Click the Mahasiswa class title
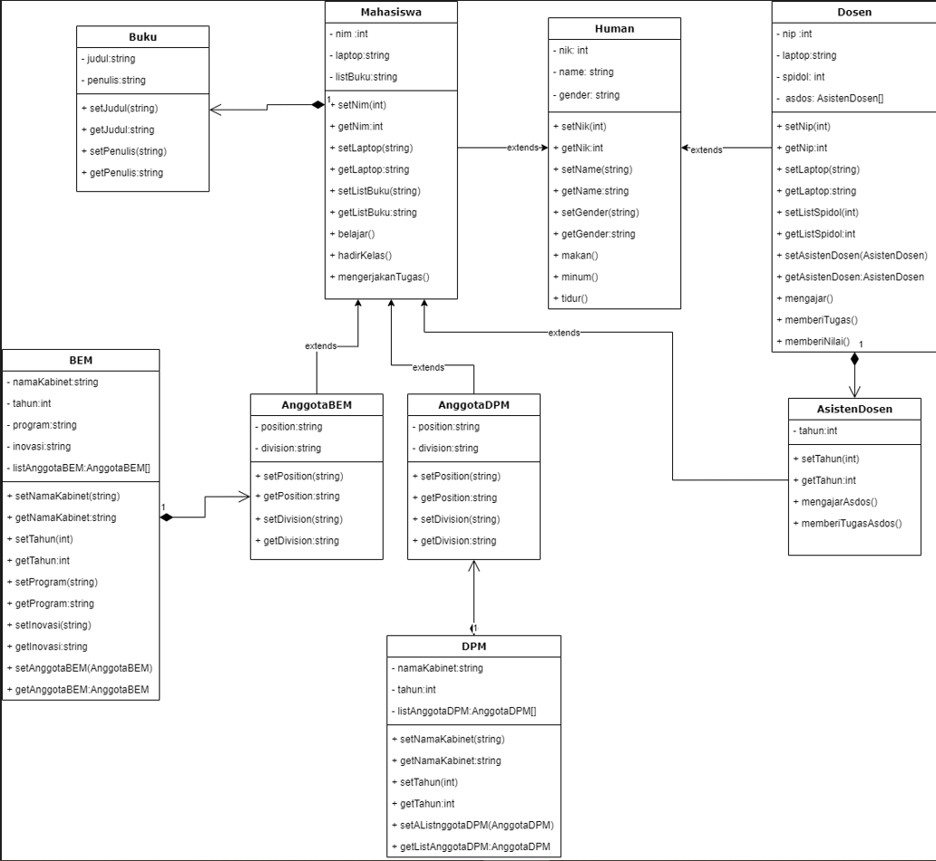pos(391,13)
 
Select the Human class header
pos(614,28)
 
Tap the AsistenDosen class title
pos(854,409)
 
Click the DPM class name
pos(473,645)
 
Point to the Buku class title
pos(142,36)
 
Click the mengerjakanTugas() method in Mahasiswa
pos(383,277)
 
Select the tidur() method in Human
pos(574,298)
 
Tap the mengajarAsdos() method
pos(838,501)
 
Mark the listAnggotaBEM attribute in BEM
pos(81,468)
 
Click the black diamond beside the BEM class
pos(166,518)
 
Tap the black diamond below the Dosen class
pos(854,359)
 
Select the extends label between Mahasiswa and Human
pos(522,148)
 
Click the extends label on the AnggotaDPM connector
pos(428,367)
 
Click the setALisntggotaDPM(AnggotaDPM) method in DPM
pos(476,826)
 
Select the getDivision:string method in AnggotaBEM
pos(299,540)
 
